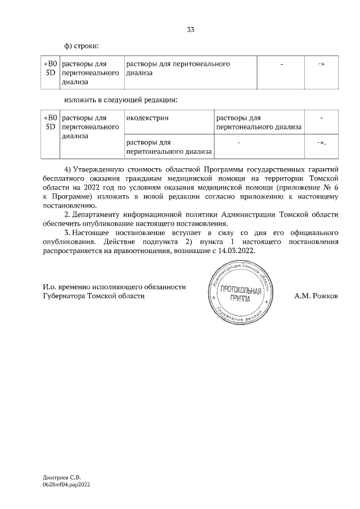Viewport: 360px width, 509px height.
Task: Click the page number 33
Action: (191, 30)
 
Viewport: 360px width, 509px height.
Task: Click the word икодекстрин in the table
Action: (147, 118)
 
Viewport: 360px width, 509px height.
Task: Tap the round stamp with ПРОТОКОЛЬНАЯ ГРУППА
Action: (241, 295)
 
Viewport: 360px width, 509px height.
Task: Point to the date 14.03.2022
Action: (236, 251)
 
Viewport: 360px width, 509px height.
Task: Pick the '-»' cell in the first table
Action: (321, 65)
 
